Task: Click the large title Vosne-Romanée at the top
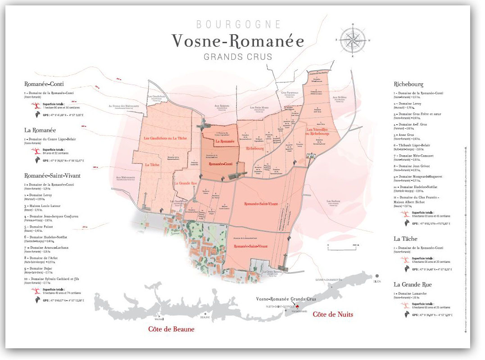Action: [x=237, y=41]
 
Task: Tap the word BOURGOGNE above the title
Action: [x=238, y=24]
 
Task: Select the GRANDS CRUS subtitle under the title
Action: [x=238, y=57]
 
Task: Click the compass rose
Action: [x=353, y=40]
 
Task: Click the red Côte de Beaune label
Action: [x=171, y=329]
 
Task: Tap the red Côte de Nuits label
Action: [x=333, y=314]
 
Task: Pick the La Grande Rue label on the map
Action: [x=185, y=183]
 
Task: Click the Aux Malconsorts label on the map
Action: [x=126, y=178]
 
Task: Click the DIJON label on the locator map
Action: [x=376, y=281]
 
